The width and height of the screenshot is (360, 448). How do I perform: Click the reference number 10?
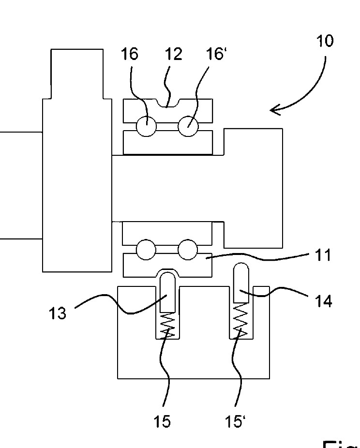click(x=325, y=41)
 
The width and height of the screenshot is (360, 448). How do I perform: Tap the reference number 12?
click(x=174, y=54)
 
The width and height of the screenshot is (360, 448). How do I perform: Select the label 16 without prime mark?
click(x=129, y=54)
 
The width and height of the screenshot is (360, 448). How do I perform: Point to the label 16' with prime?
click(x=217, y=54)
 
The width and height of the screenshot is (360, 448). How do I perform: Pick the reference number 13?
click(x=58, y=313)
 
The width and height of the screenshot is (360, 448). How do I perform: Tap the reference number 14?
click(x=323, y=301)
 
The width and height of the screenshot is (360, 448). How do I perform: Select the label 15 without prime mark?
click(x=163, y=421)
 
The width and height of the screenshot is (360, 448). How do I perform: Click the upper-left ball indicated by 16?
click(x=146, y=127)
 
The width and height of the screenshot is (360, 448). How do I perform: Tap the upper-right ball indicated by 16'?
click(x=188, y=127)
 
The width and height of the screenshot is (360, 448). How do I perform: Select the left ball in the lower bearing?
click(x=146, y=250)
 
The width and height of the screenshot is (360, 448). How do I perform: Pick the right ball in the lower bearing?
click(x=188, y=250)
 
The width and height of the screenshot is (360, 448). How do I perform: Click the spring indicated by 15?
click(x=167, y=324)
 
